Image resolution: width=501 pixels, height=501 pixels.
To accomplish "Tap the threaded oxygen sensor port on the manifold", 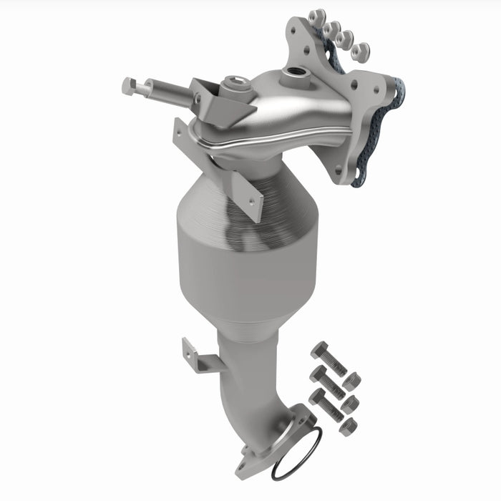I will [x=293, y=73].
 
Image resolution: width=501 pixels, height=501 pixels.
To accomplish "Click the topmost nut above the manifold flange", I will [x=318, y=16].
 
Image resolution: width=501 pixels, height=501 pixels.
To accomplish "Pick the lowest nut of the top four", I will [x=362, y=51].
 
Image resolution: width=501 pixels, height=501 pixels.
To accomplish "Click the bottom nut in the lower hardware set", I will [x=348, y=427].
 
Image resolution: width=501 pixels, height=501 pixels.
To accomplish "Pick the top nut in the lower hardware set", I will [x=352, y=381].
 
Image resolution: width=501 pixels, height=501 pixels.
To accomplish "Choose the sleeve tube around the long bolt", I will [x=172, y=92].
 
